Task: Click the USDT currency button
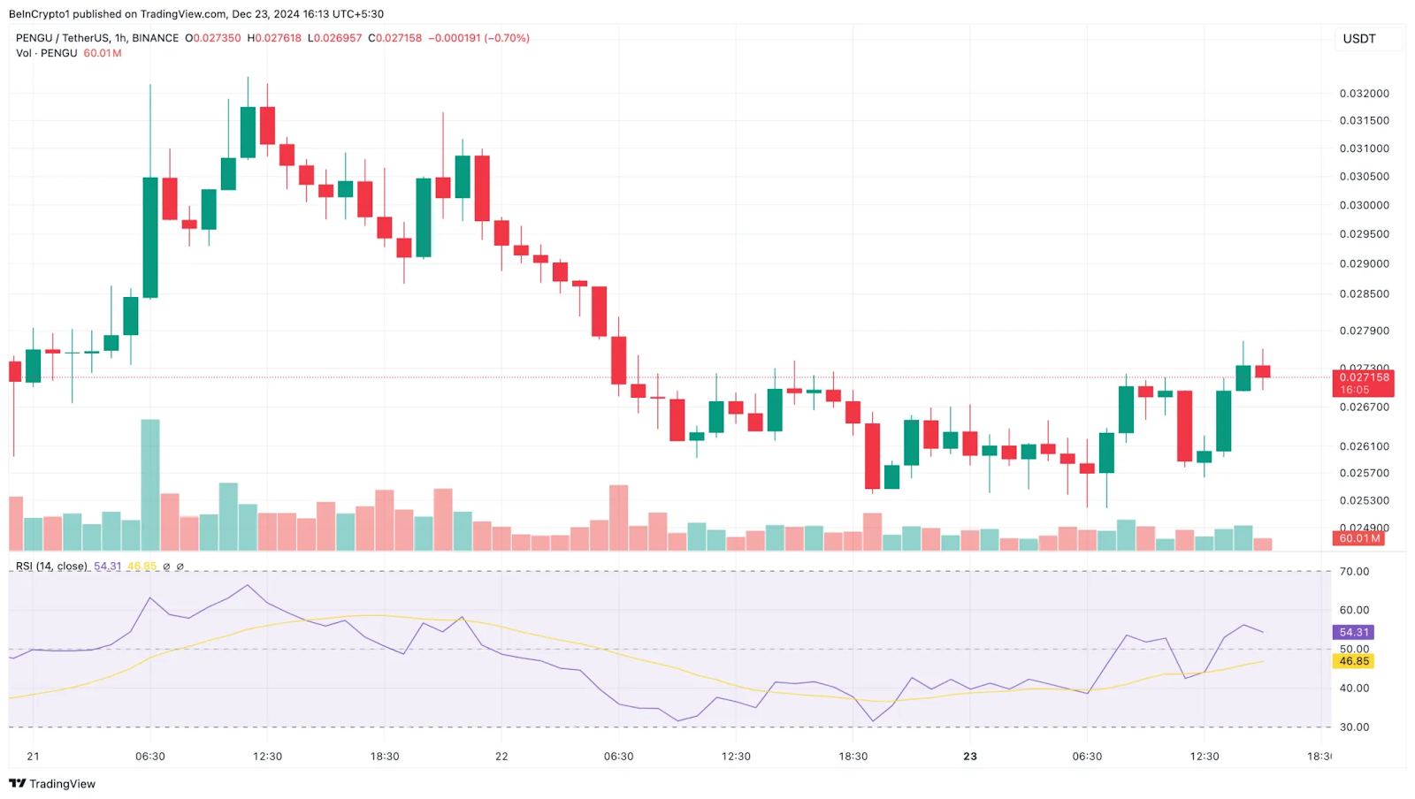click(x=1359, y=39)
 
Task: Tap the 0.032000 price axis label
click(x=1364, y=93)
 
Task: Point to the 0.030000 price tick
click(x=1364, y=205)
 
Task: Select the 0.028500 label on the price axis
click(x=1364, y=293)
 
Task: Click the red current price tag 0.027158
click(x=1363, y=377)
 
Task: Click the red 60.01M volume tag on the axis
click(x=1359, y=538)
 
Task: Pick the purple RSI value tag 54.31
click(x=1353, y=632)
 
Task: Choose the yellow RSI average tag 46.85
click(x=1353, y=661)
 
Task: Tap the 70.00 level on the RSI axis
click(x=1354, y=572)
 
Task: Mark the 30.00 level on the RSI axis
click(x=1354, y=727)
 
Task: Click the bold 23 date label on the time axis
click(x=970, y=757)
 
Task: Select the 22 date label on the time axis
click(x=501, y=757)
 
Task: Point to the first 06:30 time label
click(x=150, y=757)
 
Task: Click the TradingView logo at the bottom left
click(x=52, y=784)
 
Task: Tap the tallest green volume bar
click(x=150, y=484)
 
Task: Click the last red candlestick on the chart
click(x=1263, y=371)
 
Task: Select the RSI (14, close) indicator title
click(x=51, y=567)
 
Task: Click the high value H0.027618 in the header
click(x=274, y=38)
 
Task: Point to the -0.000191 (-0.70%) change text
click(x=478, y=38)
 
